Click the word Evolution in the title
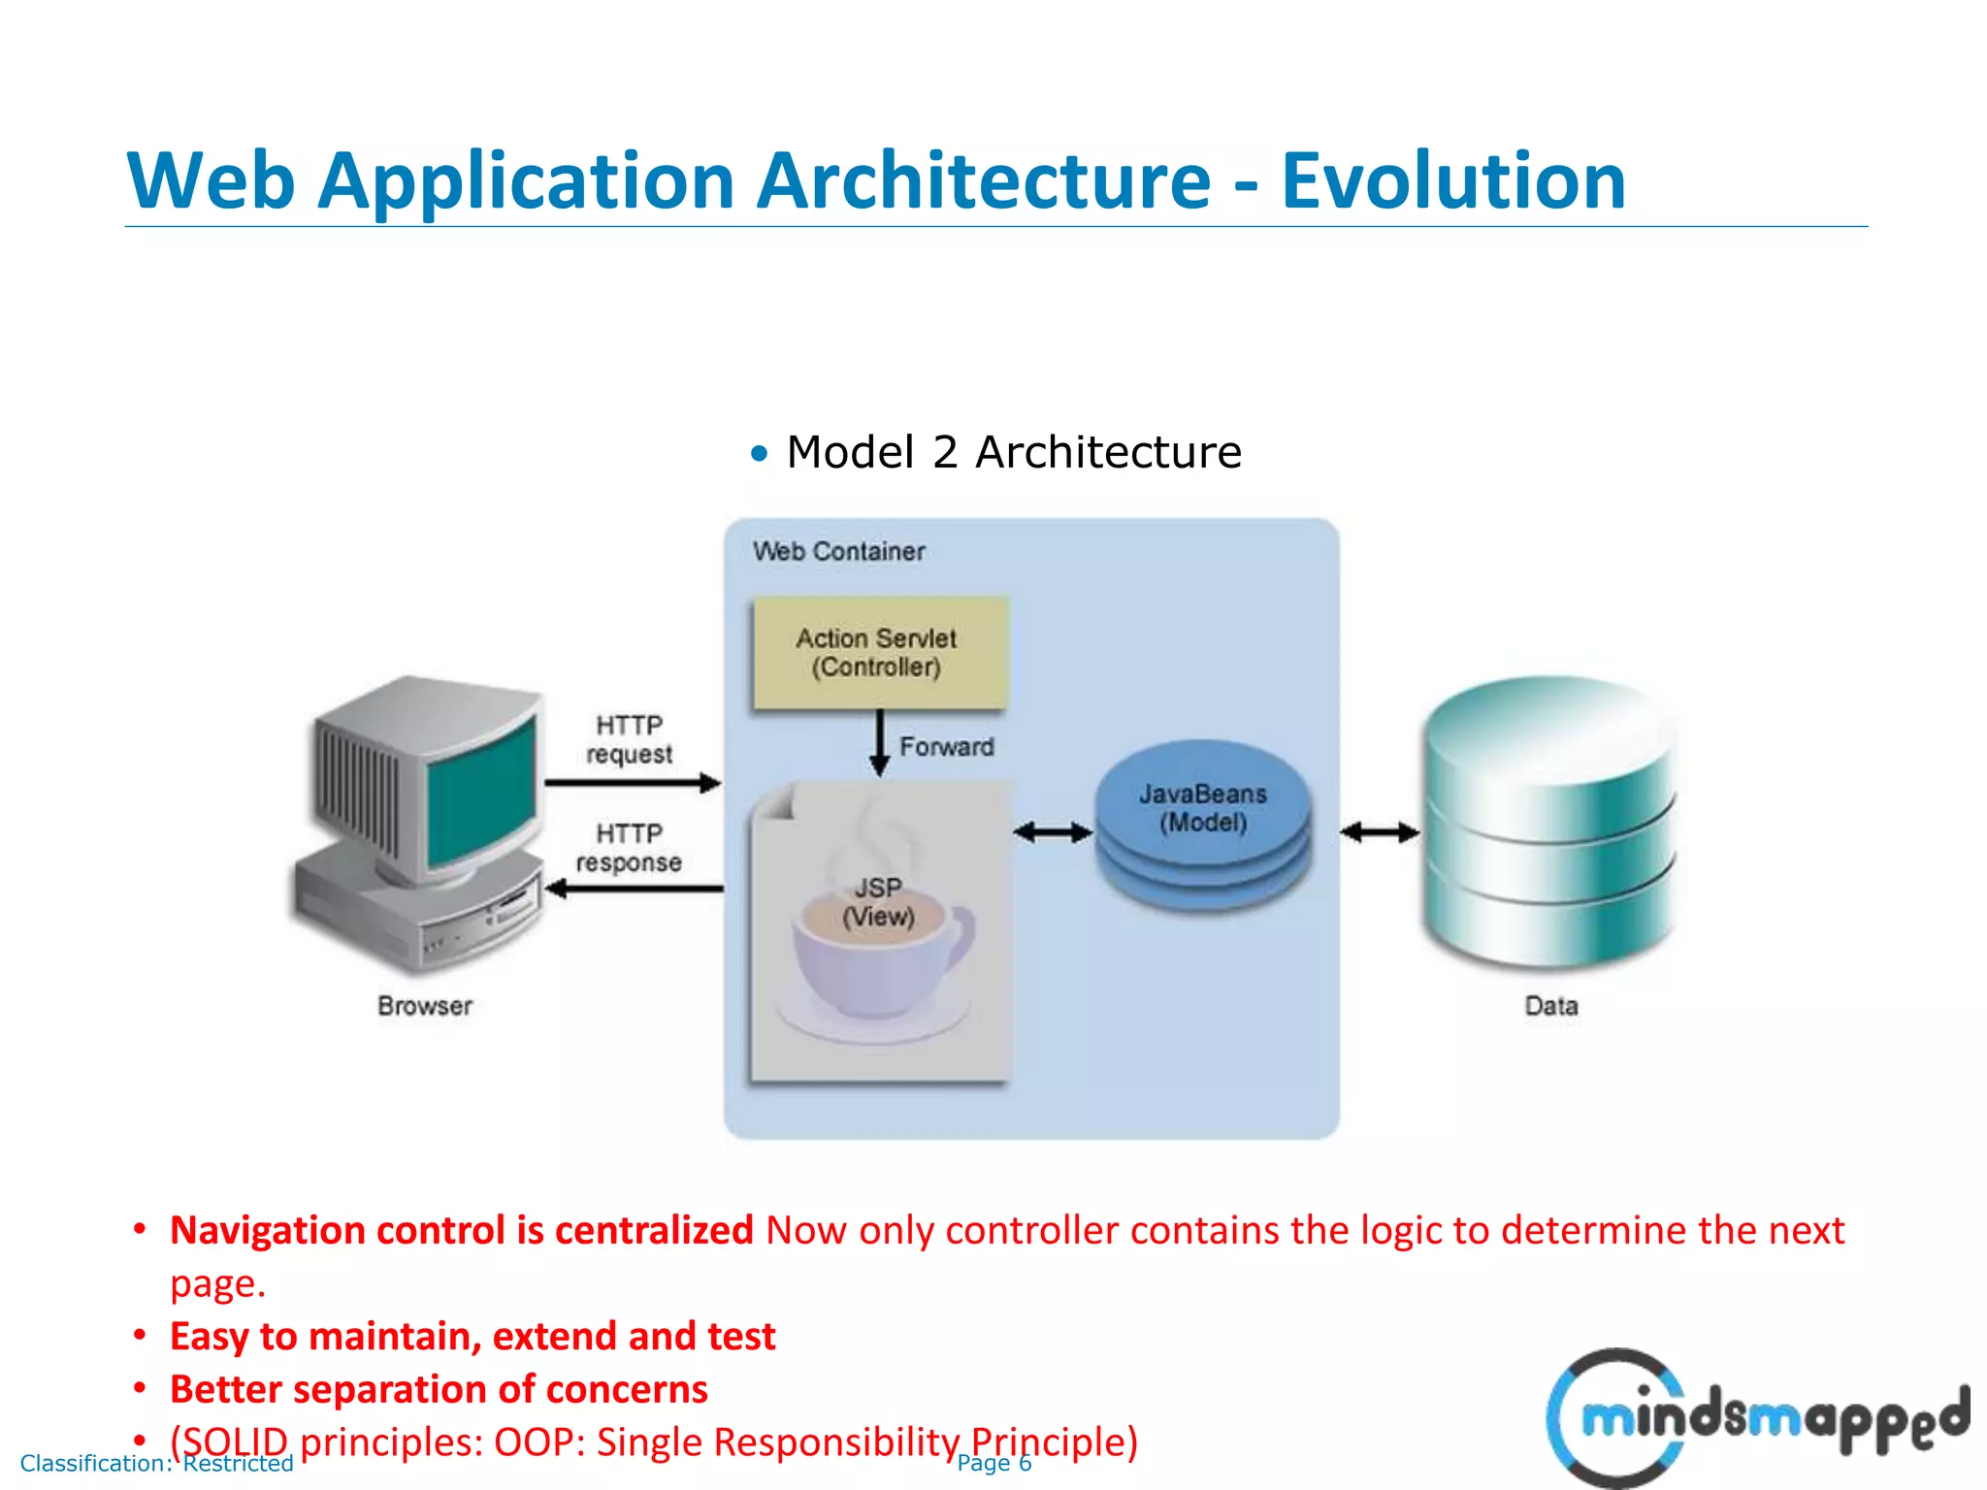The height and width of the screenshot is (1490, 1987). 1452,181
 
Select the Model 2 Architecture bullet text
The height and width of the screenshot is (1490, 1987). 1012,452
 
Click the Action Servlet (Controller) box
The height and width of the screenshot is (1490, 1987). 878,653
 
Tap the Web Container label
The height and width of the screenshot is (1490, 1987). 838,551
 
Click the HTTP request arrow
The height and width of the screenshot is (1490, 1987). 632,783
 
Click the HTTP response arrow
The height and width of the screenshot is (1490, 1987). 635,889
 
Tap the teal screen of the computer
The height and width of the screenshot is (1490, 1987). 482,792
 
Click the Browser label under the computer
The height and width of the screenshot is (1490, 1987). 425,1006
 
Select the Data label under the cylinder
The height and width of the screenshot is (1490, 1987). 1550,1006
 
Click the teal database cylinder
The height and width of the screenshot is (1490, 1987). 1548,825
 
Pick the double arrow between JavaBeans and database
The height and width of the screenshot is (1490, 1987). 1379,831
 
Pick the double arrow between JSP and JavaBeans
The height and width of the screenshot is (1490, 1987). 1052,831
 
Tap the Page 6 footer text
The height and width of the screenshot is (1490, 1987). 993,1463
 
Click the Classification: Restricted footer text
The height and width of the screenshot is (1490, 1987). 156,1463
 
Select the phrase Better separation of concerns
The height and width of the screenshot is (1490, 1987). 439,1389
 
